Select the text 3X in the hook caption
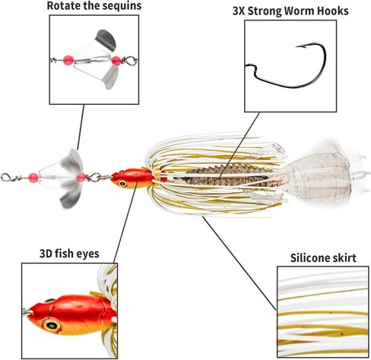click(239, 11)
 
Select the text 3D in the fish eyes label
click(46, 254)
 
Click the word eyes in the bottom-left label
click(87, 254)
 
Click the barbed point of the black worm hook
click(296, 46)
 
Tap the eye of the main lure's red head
click(122, 183)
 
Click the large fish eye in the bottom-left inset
click(52, 325)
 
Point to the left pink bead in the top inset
click(68, 60)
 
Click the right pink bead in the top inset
click(116, 61)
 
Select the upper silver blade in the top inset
click(106, 39)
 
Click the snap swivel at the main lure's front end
click(8, 177)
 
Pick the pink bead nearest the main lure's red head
click(81, 177)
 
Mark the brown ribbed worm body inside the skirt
click(226, 174)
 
